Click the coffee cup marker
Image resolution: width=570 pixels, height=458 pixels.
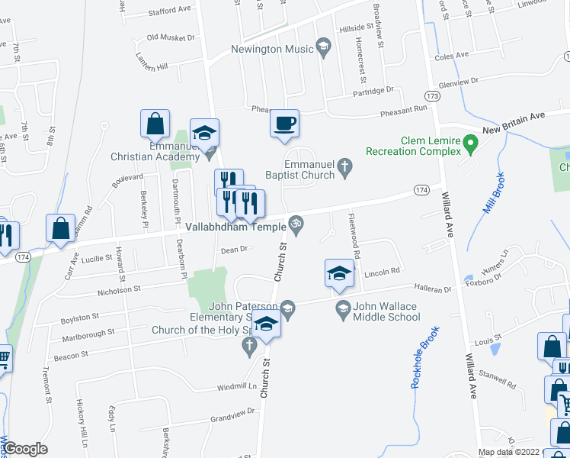coord(284,124)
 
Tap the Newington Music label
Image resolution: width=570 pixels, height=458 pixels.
coord(272,50)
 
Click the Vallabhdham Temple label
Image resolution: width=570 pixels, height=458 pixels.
coord(235,227)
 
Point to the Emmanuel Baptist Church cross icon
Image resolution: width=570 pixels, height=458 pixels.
coord(344,166)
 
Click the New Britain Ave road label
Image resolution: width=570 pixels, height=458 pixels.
coord(524,118)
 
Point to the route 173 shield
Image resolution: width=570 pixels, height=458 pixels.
coord(433,96)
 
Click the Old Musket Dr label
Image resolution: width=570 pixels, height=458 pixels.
coord(169,37)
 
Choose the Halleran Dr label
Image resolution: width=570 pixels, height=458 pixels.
coord(433,289)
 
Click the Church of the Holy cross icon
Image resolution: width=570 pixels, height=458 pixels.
coord(248,346)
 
